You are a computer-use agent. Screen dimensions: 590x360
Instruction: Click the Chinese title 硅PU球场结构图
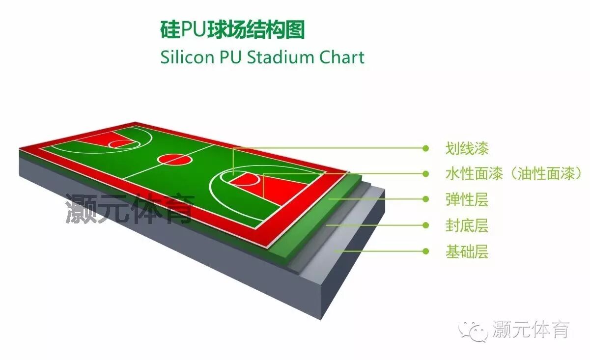click(232, 30)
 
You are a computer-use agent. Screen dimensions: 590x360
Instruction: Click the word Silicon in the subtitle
click(187, 57)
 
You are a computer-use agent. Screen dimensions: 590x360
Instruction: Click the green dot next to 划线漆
click(425, 147)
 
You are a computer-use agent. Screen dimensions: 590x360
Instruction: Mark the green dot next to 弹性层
click(425, 199)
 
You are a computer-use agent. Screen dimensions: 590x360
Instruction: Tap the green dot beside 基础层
click(425, 251)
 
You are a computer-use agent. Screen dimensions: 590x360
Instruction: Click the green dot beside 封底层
click(425, 225)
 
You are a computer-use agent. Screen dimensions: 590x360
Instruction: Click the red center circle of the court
click(174, 159)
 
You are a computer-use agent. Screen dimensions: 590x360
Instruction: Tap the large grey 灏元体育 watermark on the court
click(130, 209)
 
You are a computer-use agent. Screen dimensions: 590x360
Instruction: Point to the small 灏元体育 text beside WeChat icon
click(531, 330)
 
